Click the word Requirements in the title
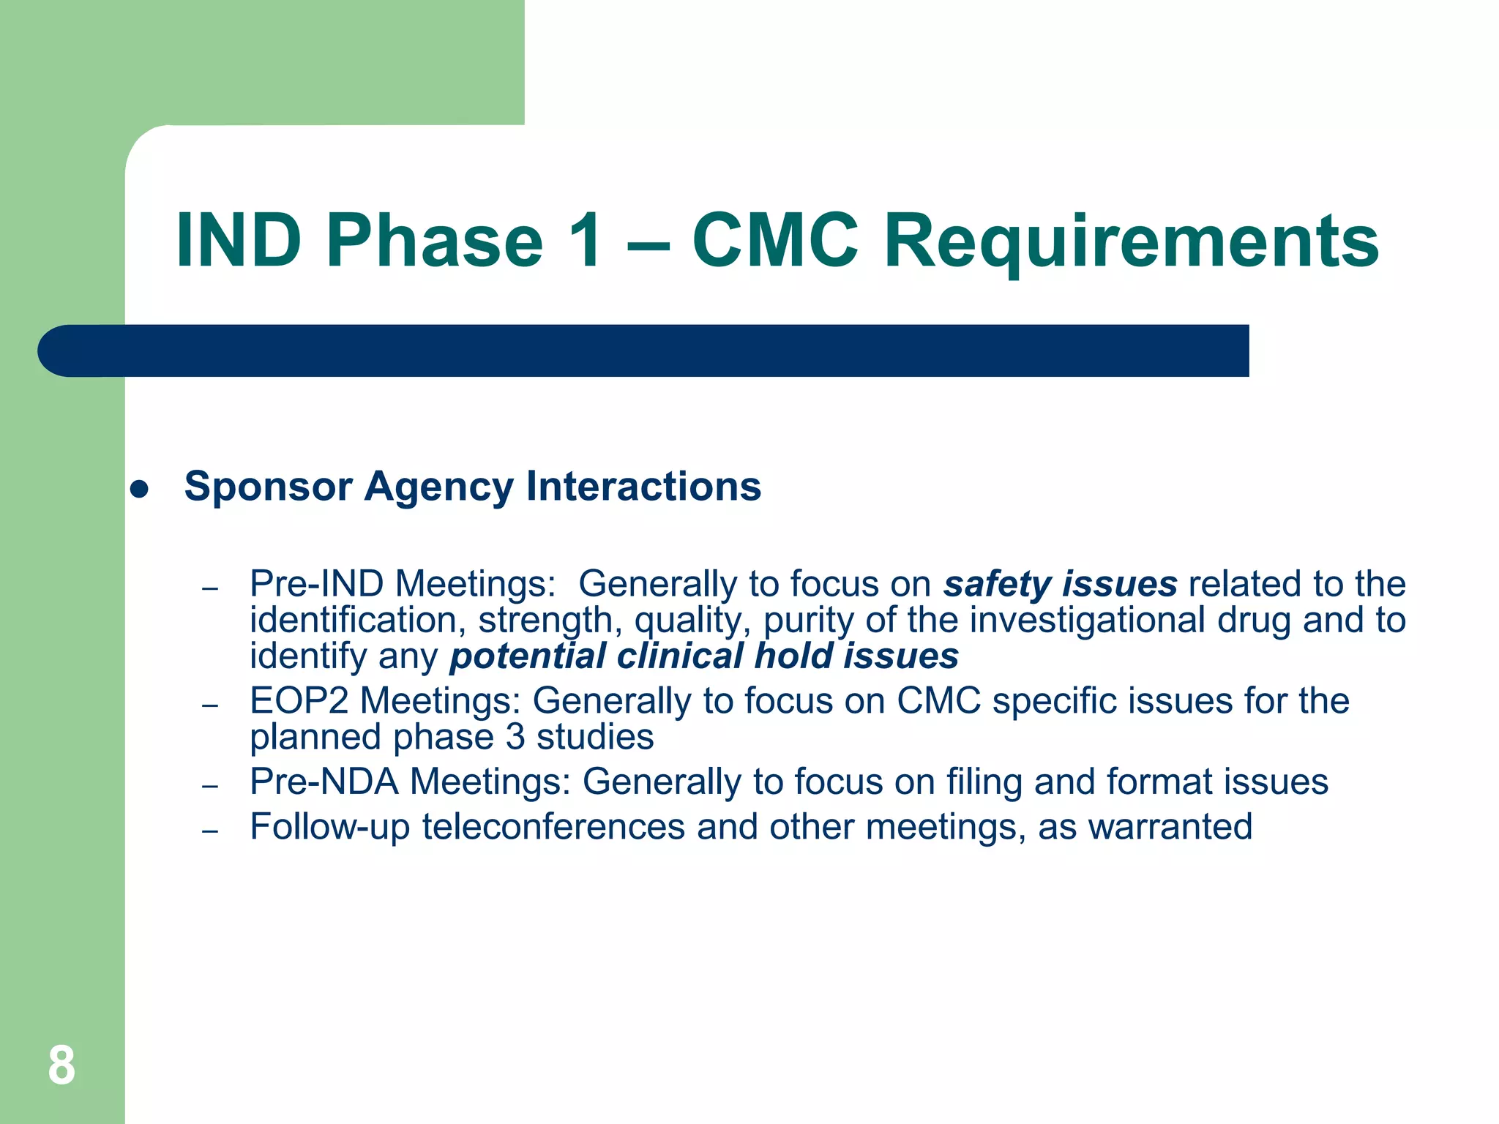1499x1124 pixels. point(1131,241)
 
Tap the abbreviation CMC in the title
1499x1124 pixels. point(774,241)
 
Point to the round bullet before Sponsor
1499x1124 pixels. point(139,490)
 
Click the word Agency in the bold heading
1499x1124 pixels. point(439,487)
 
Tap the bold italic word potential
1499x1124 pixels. point(528,656)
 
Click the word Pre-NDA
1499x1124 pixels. point(324,782)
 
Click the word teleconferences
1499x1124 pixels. point(553,827)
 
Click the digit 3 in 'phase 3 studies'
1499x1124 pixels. point(515,737)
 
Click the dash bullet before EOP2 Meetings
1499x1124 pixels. point(211,706)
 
